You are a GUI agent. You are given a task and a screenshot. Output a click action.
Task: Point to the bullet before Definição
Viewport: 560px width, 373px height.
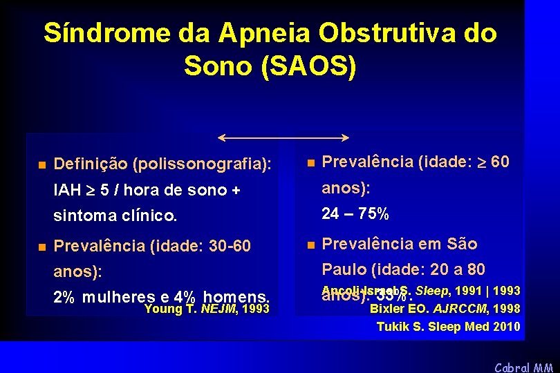[41, 165]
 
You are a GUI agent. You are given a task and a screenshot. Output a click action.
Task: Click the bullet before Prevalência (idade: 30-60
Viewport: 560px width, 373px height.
[41, 246]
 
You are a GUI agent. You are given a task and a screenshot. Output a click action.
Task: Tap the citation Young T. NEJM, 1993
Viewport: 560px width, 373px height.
[207, 309]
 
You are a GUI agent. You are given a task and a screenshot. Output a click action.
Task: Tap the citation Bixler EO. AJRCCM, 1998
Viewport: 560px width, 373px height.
[445, 309]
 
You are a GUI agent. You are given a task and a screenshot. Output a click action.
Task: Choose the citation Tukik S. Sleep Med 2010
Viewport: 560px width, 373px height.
[448, 326]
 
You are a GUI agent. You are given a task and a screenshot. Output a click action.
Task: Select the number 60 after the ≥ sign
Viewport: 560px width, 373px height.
[499, 162]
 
